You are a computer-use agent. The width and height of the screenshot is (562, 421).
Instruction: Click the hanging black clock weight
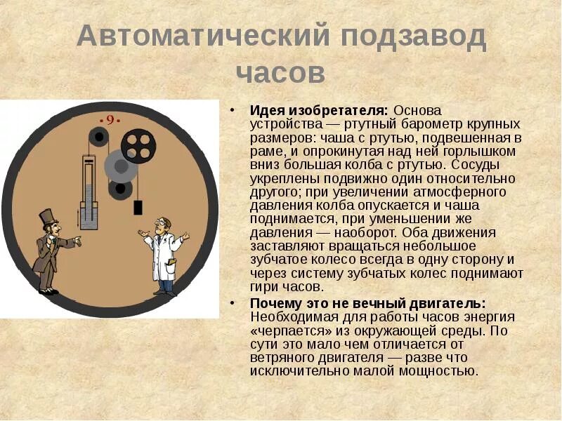138,208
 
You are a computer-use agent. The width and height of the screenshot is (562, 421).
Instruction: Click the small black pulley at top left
98,138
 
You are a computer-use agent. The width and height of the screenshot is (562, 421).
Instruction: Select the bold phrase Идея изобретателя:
319,111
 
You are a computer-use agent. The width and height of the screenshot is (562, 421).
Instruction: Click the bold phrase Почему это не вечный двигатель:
367,303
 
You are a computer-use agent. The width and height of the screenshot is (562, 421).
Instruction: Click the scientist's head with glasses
163,225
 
